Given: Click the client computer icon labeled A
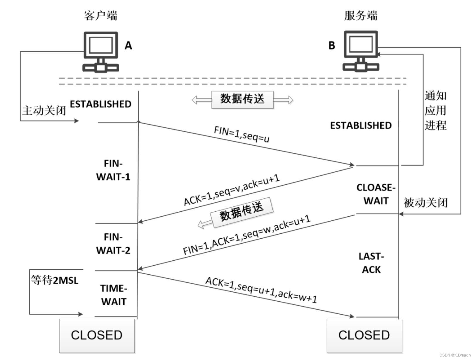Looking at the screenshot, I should (101, 52).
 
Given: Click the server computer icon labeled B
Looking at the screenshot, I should (361, 51).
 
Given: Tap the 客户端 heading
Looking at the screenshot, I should (101, 16).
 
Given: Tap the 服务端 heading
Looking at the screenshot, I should (361, 16).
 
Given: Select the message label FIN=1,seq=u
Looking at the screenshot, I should (242, 134).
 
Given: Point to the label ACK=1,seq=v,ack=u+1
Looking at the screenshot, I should (232, 190).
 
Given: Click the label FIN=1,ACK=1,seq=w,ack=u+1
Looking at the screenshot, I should (247, 235).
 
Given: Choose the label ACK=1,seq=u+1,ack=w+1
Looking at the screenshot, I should (261, 290).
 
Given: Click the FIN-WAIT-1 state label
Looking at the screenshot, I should (113, 170).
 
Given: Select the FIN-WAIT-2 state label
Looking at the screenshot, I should (113, 244).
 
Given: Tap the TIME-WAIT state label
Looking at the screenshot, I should (114, 295).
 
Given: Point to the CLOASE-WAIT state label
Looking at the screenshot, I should (376, 194).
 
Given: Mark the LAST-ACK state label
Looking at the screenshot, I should (371, 263).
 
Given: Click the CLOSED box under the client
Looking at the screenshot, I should (97, 335).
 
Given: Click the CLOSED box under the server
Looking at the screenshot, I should (364, 335).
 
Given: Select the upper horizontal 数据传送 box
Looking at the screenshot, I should (242, 99).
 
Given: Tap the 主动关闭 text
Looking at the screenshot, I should (44, 111).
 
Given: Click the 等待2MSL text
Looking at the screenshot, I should (55, 280).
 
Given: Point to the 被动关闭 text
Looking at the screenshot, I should (426, 203).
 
